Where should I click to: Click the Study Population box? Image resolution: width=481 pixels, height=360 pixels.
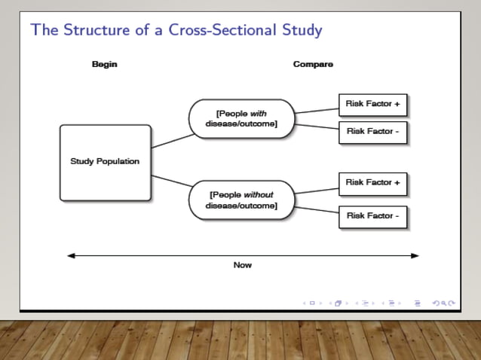point(105,162)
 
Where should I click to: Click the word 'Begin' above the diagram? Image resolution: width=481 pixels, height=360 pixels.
point(105,64)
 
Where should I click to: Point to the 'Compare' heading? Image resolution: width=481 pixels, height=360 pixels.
point(313,64)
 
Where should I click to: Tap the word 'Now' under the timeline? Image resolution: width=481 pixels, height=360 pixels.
point(242,265)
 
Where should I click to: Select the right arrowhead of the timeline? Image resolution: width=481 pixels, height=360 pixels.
point(414,255)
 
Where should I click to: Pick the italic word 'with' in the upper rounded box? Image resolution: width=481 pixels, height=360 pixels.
point(259,114)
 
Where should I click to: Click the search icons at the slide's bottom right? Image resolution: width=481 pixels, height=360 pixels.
point(444,303)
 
